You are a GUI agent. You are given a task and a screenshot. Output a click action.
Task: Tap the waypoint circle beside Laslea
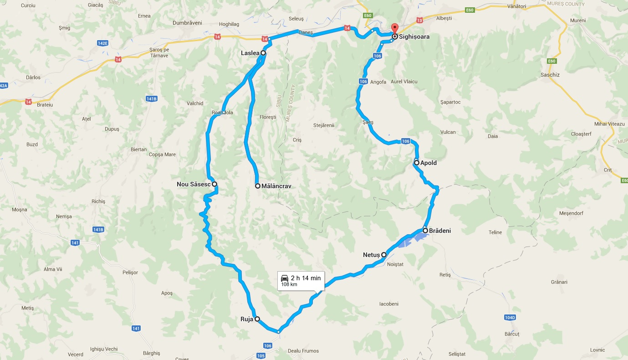263,53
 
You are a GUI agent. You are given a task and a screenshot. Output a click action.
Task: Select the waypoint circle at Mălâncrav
258,186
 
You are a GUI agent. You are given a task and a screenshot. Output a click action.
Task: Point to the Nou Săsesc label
194,185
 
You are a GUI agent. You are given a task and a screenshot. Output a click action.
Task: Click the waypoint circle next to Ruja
257,319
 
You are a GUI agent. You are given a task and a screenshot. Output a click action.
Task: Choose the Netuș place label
371,255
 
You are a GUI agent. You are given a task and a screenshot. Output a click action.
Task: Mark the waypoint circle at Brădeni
425,231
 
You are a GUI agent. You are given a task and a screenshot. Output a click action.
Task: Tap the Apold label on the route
428,163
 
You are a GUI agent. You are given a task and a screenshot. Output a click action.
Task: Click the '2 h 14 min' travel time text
306,278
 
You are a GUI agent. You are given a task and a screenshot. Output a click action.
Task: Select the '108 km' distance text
289,284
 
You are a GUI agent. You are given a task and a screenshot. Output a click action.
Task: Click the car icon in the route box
284,278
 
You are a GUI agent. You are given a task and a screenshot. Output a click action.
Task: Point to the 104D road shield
510,317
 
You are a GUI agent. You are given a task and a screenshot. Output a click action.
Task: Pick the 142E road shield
102,43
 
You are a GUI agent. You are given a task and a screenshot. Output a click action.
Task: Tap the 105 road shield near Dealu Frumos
261,355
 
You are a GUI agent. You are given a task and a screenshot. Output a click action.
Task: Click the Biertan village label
138,149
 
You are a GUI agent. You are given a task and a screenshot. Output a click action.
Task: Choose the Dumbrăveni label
187,22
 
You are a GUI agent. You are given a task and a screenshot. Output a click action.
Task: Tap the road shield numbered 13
419,20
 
